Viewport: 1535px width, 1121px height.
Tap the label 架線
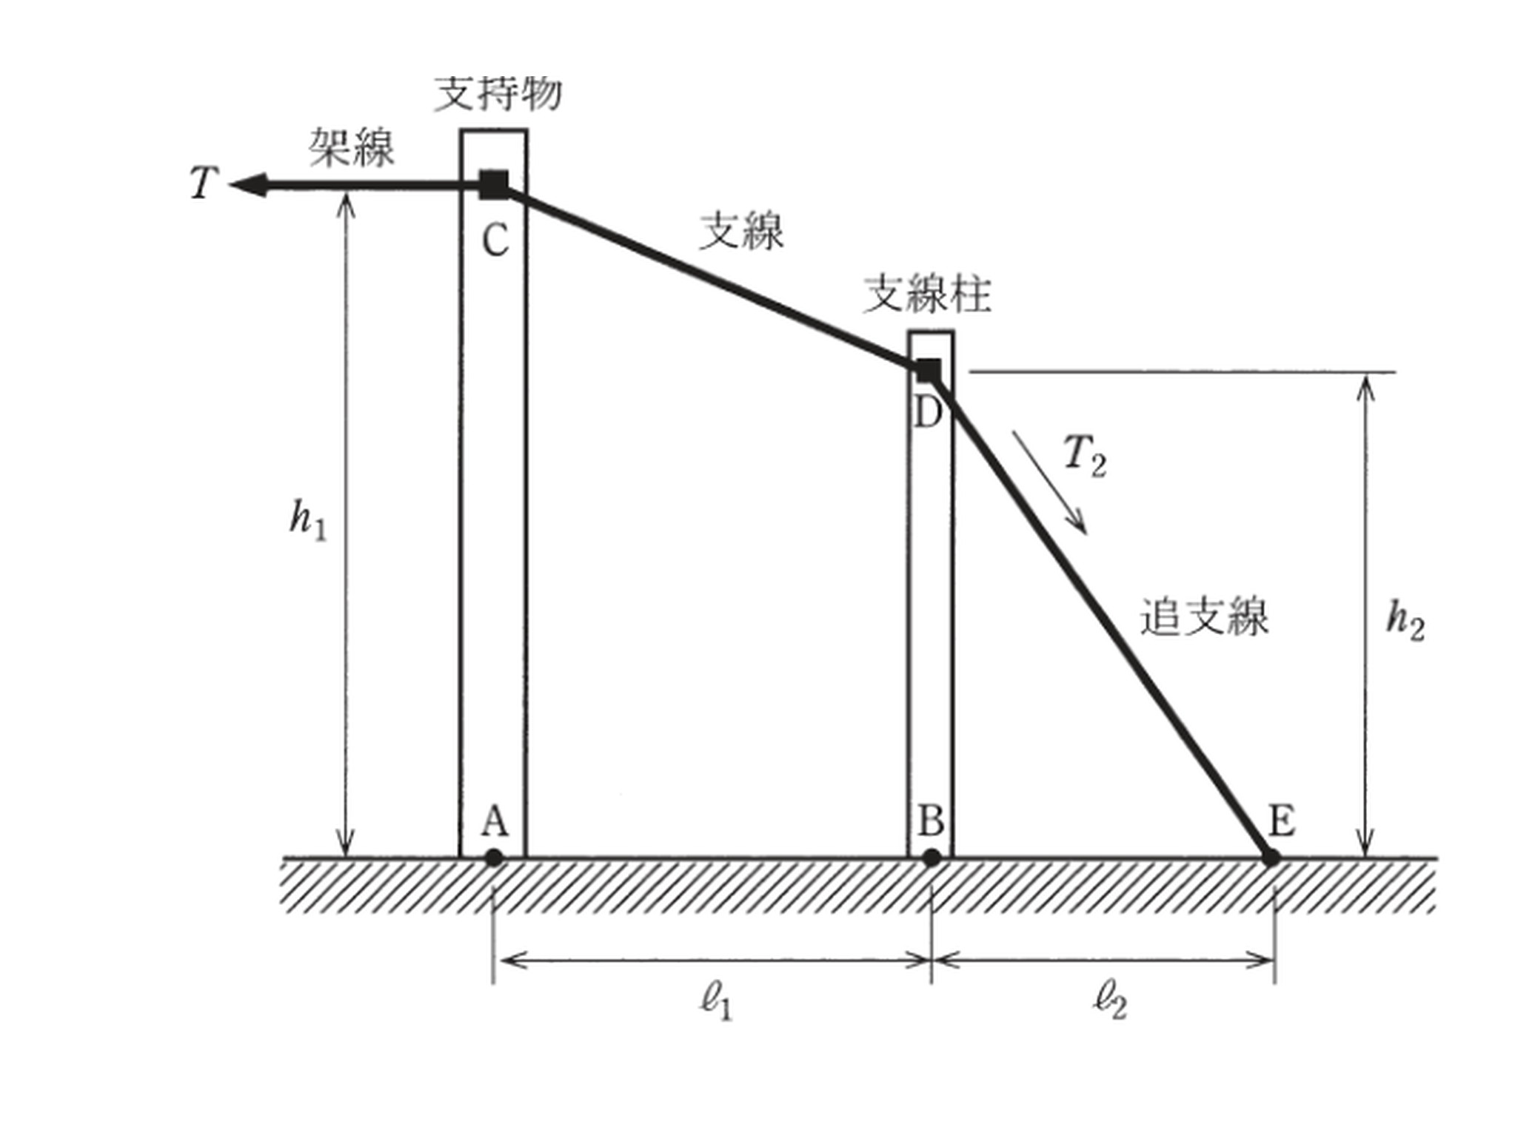(351, 147)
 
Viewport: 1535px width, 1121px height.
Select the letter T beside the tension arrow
(204, 183)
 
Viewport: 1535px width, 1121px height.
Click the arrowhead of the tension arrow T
(248, 185)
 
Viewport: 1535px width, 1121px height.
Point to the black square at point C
(494, 185)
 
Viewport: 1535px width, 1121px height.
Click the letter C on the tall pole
(495, 240)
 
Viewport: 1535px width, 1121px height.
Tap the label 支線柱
(927, 294)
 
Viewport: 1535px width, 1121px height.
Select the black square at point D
(929, 370)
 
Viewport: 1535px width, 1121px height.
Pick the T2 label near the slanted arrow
(1086, 456)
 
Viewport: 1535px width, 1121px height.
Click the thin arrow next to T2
(1050, 482)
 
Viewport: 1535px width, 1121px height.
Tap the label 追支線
(1204, 616)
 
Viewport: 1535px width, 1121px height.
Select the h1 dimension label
(307, 520)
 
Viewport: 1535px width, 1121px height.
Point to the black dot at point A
(494, 858)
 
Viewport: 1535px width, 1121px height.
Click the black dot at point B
(932, 858)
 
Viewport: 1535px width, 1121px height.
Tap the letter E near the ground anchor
(1282, 821)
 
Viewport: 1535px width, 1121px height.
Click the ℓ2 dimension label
(1110, 1003)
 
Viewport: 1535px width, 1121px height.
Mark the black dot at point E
(1271, 858)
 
